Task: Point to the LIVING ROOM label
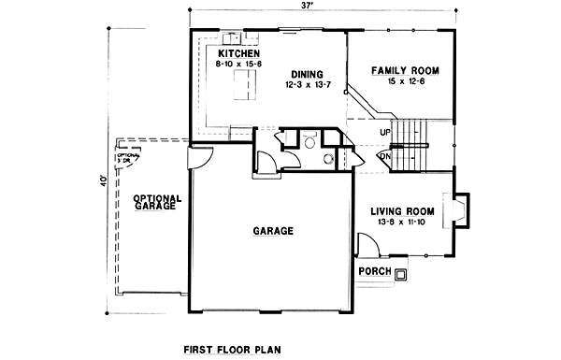click(x=402, y=210)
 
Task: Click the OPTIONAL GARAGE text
click(x=156, y=202)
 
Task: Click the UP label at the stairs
click(x=385, y=132)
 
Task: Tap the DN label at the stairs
click(x=384, y=157)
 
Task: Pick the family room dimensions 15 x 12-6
click(x=405, y=81)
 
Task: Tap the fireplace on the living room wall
click(x=460, y=209)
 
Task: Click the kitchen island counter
click(x=245, y=89)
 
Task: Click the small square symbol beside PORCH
click(x=401, y=274)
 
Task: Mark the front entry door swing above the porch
click(x=367, y=247)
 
